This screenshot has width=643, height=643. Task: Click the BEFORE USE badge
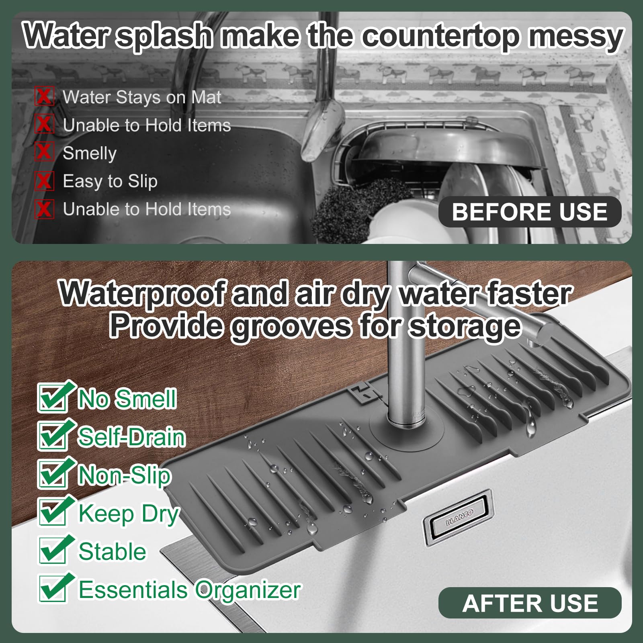[530, 212]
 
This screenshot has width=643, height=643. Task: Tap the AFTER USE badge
[530, 603]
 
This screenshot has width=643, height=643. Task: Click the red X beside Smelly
[44, 152]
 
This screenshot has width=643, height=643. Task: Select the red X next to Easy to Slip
[44, 180]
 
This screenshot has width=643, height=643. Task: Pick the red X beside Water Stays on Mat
[44, 96]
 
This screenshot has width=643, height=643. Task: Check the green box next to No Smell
[53, 397]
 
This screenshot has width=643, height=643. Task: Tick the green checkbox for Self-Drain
[53, 435]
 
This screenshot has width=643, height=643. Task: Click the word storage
[465, 326]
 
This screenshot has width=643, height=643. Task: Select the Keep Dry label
[129, 514]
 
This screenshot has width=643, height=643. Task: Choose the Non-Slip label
[125, 475]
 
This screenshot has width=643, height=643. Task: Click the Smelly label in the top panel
[90, 154]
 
